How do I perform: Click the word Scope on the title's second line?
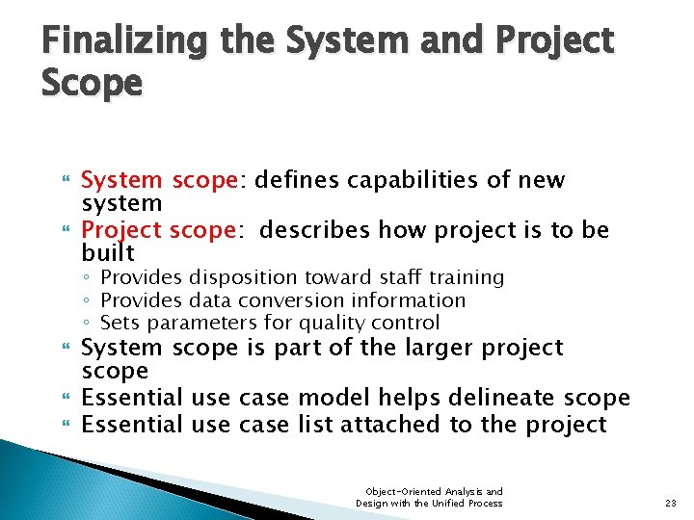point(92,83)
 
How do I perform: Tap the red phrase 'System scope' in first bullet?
point(159,180)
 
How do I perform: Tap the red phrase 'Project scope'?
point(159,230)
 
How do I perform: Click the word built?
point(108,252)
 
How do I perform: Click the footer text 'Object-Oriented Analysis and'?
point(429,491)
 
